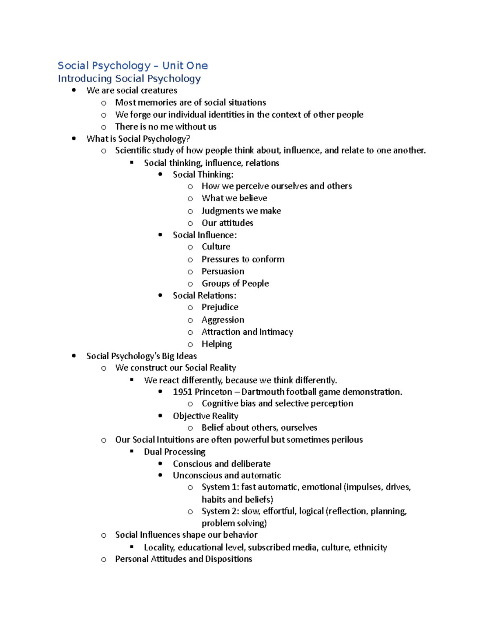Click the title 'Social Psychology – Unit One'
[x=132, y=66]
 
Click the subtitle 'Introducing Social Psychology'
[x=129, y=78]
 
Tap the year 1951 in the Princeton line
[x=182, y=392]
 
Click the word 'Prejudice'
[x=220, y=307]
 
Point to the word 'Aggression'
[x=223, y=320]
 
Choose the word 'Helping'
[x=216, y=344]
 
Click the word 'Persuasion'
[x=223, y=271]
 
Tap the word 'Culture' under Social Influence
[x=216, y=247]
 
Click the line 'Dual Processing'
[x=174, y=452]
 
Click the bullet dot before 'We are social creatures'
[x=74, y=90]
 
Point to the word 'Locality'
[x=159, y=547]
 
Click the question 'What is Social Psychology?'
[x=138, y=139]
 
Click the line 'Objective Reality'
[x=205, y=416]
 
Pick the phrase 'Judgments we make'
[x=241, y=211]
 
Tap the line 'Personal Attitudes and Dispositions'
[x=183, y=559]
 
